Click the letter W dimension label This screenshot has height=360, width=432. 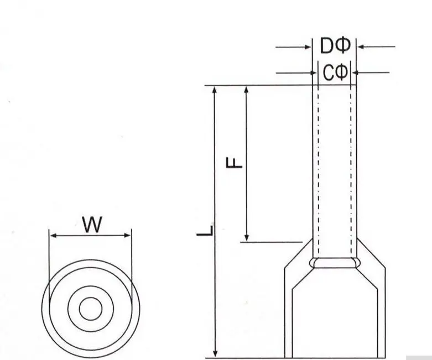[92, 225]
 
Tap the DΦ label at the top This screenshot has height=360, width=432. [335, 45]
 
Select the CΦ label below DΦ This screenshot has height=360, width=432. [335, 72]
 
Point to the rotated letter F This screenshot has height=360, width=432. [234, 163]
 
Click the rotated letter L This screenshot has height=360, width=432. [205, 231]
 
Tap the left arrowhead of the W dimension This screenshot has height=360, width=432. [54, 236]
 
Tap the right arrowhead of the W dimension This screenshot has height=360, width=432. [127, 235]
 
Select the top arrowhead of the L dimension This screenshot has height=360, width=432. [215, 90]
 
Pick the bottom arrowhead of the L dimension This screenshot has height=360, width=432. [216, 354]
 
